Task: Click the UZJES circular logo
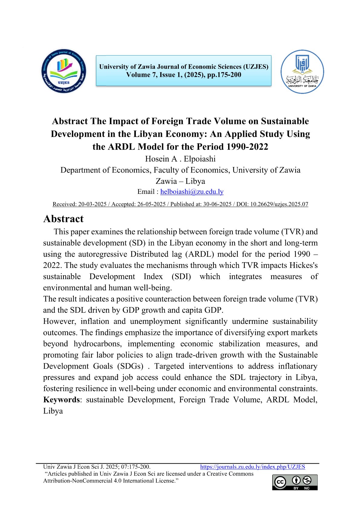tap(64, 71)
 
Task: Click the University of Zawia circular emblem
tap(302, 72)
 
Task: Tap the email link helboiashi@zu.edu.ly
tap(192, 192)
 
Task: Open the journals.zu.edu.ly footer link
tap(253, 467)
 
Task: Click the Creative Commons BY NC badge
tap(295, 482)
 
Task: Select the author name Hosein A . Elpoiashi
tap(180, 159)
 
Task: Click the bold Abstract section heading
tap(64, 219)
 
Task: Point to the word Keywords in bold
tap(61, 400)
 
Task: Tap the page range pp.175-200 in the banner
tap(224, 75)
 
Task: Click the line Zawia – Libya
tap(180, 181)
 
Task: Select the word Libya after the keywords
tap(53, 411)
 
